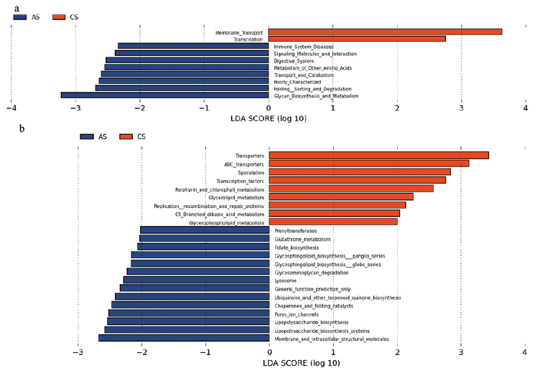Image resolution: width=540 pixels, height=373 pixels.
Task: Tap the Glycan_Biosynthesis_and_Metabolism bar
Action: coord(164,95)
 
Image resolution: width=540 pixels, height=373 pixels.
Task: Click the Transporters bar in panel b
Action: coord(378,155)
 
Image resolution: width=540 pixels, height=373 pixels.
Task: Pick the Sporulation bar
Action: coord(360,172)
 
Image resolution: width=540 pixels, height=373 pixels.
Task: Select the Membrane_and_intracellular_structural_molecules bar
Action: coord(184,338)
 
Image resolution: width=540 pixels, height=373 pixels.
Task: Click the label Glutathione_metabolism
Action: coord(304,239)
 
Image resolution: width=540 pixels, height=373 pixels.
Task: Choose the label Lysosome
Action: coord(287,280)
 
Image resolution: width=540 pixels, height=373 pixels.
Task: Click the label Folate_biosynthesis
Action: coord(298,247)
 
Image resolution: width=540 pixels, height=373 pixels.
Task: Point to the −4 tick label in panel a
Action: coord(11,109)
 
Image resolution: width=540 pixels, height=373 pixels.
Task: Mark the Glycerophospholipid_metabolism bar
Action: coord(333,222)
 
